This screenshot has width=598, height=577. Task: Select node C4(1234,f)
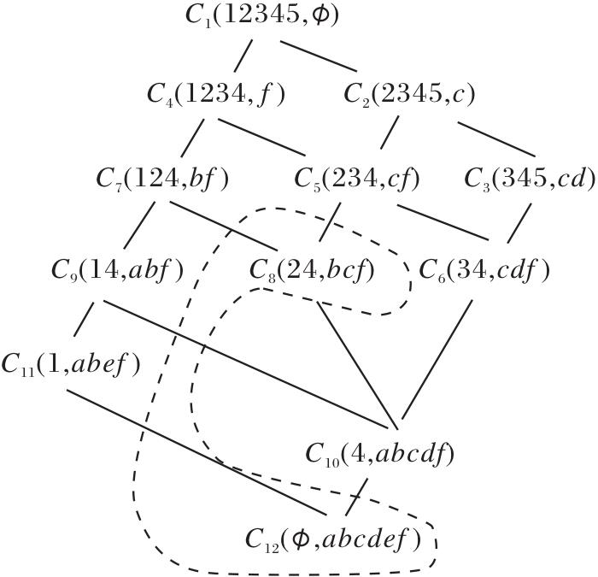pos(215,94)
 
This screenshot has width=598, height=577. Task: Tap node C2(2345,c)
pos(409,94)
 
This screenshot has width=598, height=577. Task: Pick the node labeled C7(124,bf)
pos(163,179)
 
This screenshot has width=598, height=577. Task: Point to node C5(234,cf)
pos(357,179)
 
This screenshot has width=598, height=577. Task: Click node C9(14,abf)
pos(117,270)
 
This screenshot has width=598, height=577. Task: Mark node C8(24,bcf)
pos(313,270)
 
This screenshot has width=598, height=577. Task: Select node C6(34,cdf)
pos(484,270)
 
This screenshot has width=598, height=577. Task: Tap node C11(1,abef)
pos(70,363)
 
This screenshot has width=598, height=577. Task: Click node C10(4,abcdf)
pos(379,453)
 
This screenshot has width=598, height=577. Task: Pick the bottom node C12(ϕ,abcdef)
pos(334,539)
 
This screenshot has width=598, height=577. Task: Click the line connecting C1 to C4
pos(244,55)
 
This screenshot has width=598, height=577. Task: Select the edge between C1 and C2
pos(319,55)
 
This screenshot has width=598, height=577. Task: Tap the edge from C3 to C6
pos(519,223)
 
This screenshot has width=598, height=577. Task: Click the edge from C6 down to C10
pos(436,359)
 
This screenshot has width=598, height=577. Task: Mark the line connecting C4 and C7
pos(193,137)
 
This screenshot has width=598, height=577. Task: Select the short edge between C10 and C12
pos(356,496)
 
